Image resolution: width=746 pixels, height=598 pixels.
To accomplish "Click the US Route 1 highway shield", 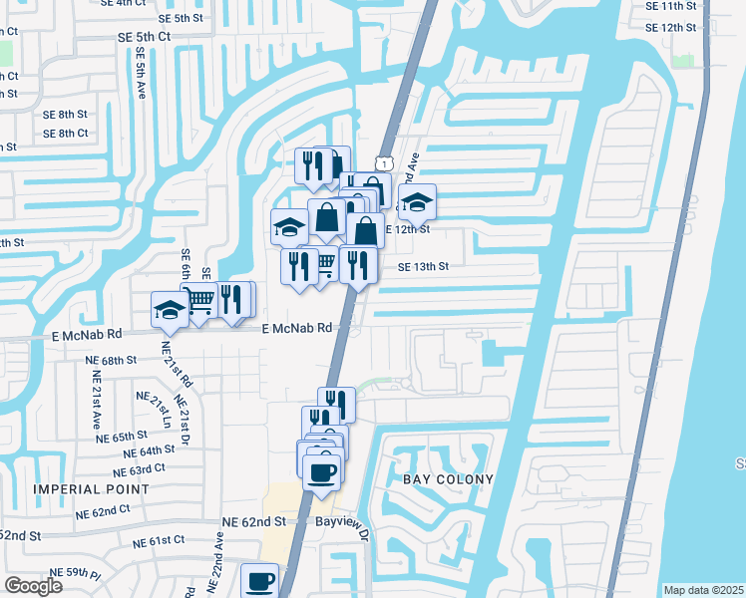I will click(382, 161).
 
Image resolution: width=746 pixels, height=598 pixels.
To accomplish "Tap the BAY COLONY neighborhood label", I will click(449, 479).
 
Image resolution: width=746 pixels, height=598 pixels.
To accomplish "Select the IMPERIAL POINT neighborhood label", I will click(92, 489).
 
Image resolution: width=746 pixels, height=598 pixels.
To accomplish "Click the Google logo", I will click(33, 585).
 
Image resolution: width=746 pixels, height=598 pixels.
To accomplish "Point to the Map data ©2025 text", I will click(703, 590).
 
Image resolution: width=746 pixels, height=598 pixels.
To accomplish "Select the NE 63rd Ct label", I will click(140, 468).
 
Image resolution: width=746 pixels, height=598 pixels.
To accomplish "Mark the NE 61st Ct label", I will click(160, 540).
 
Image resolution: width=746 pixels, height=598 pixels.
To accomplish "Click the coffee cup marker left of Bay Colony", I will click(322, 472).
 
